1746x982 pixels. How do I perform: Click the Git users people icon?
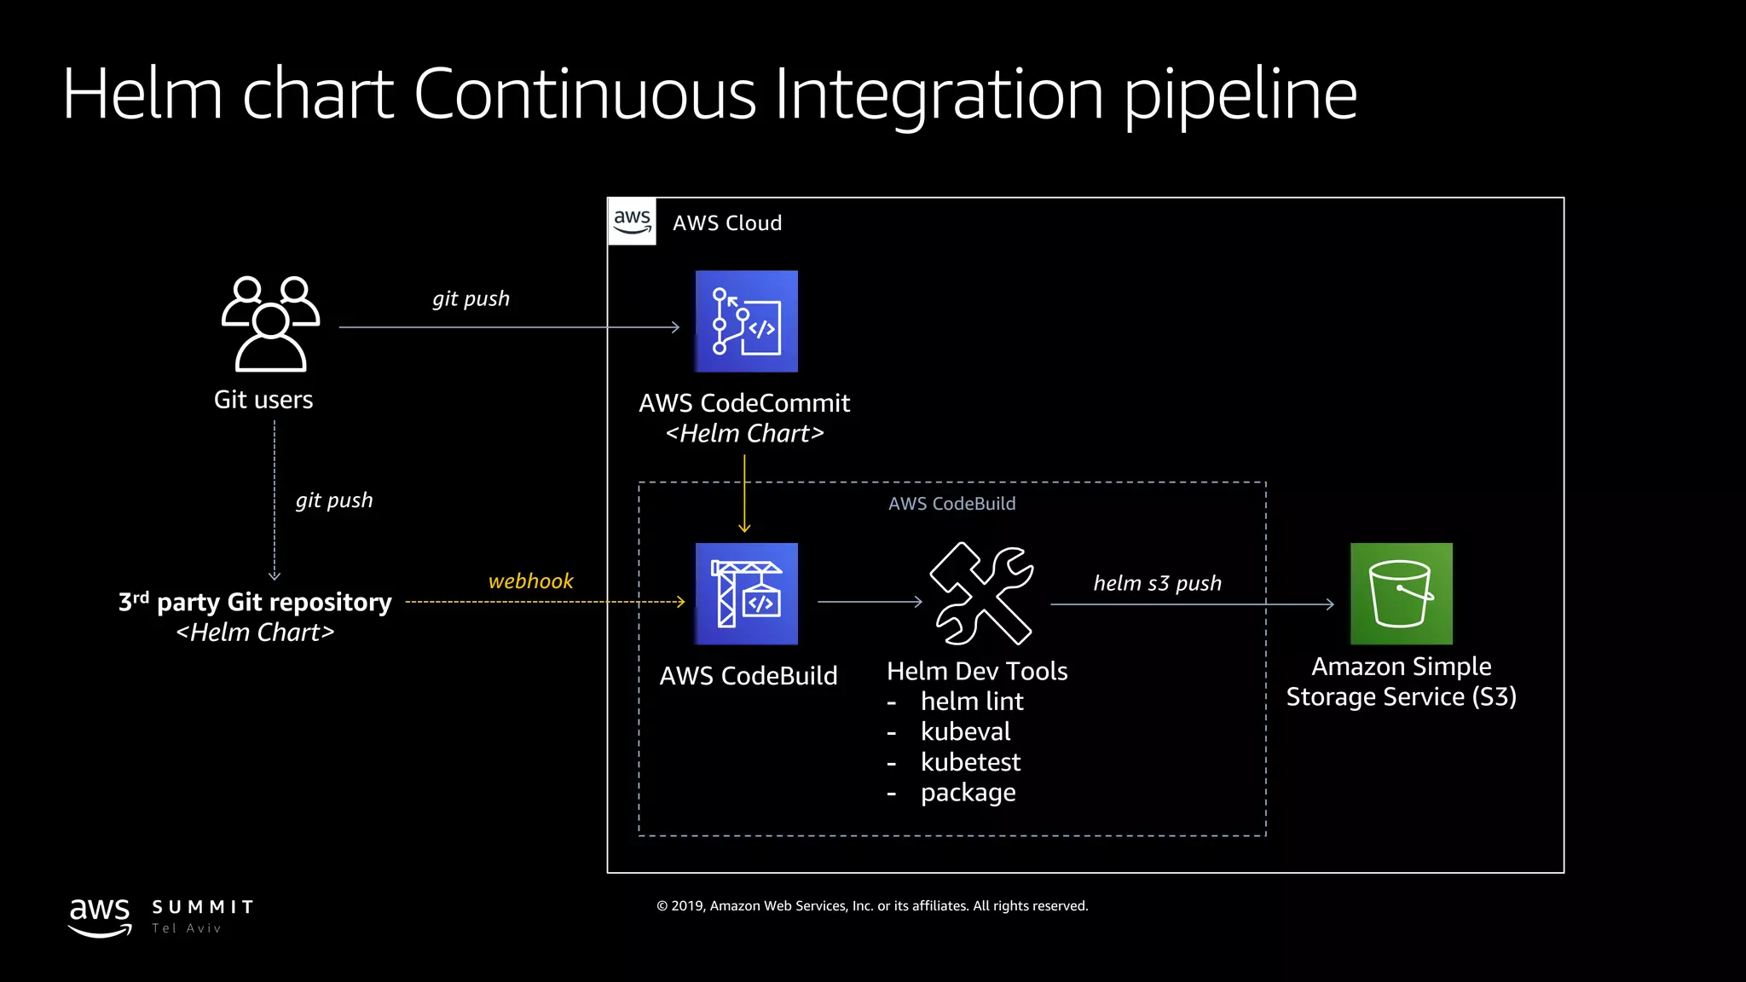click(x=270, y=324)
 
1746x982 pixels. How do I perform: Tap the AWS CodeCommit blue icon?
click(x=746, y=321)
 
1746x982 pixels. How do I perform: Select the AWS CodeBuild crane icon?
click(x=746, y=593)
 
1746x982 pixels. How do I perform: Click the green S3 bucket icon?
click(x=1401, y=593)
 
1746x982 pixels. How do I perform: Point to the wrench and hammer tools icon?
click(x=982, y=593)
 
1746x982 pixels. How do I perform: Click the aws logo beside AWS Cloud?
click(x=632, y=222)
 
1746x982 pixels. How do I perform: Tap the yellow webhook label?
click(x=530, y=581)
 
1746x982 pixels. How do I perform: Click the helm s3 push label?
click(x=1157, y=583)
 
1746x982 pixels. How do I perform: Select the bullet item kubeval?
click(x=965, y=731)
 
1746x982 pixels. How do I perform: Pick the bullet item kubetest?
click(x=970, y=762)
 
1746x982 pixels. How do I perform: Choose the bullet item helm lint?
click(x=972, y=702)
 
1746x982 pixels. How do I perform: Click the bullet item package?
click(x=968, y=793)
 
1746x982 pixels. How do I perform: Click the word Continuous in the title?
click(x=585, y=94)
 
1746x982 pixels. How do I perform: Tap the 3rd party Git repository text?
click(x=255, y=603)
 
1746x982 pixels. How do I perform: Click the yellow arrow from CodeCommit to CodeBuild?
click(x=744, y=494)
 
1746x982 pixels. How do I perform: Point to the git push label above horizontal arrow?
click(x=471, y=298)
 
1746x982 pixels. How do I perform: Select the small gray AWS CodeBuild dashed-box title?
click(x=951, y=504)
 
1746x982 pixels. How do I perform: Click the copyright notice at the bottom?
click(x=871, y=906)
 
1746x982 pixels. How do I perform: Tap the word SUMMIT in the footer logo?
click(x=203, y=907)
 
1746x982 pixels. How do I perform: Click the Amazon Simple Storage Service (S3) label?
click(x=1401, y=681)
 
